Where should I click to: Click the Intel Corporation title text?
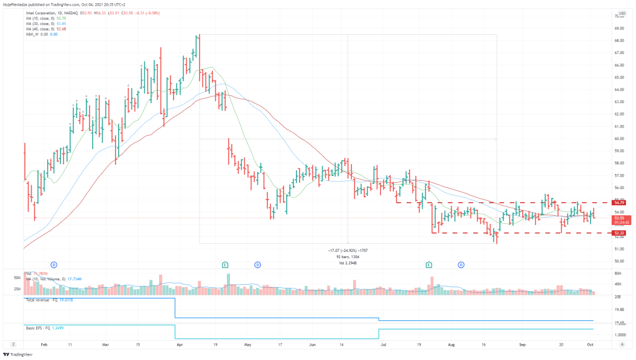45,12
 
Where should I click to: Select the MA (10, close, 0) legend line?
45,18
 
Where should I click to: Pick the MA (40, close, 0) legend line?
45,29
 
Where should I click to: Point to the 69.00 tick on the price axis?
619,29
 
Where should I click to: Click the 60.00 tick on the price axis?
619,139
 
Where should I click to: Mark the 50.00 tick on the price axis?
619,261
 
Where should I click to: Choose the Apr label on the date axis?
180,344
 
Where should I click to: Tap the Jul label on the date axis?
384,344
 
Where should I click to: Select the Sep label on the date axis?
523,344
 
